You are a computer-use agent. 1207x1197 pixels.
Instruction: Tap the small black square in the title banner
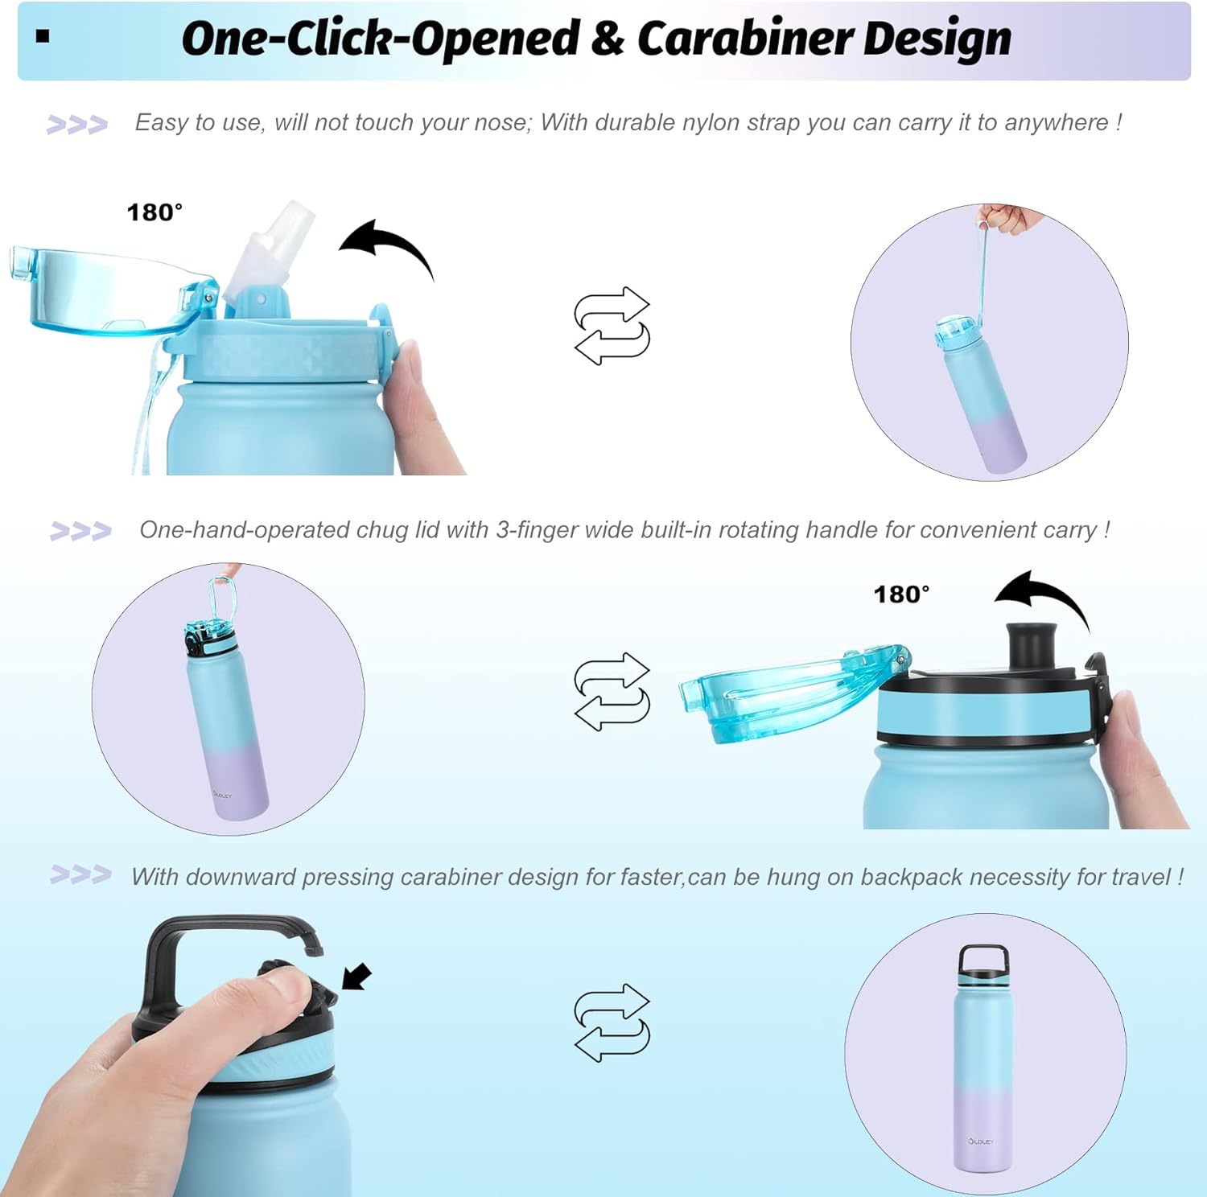tap(43, 35)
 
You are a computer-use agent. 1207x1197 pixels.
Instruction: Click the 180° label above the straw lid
tap(154, 212)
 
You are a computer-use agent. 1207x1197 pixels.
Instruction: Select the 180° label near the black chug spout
tap(901, 594)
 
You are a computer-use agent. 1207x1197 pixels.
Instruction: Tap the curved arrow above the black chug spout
tap(1043, 598)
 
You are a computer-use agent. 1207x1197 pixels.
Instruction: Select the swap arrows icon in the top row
tap(612, 326)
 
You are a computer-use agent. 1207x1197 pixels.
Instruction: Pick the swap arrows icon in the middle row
tap(612, 692)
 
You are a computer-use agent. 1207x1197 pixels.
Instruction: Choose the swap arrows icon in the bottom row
tap(612, 1022)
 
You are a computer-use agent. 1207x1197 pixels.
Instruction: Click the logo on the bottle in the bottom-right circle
tap(981, 1141)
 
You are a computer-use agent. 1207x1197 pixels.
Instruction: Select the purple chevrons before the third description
tap(80, 874)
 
